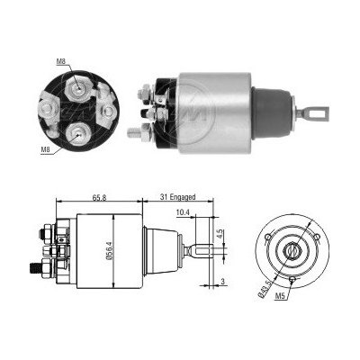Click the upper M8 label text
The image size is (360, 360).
coord(60,62)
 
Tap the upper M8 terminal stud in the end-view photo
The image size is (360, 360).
coord(79,87)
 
